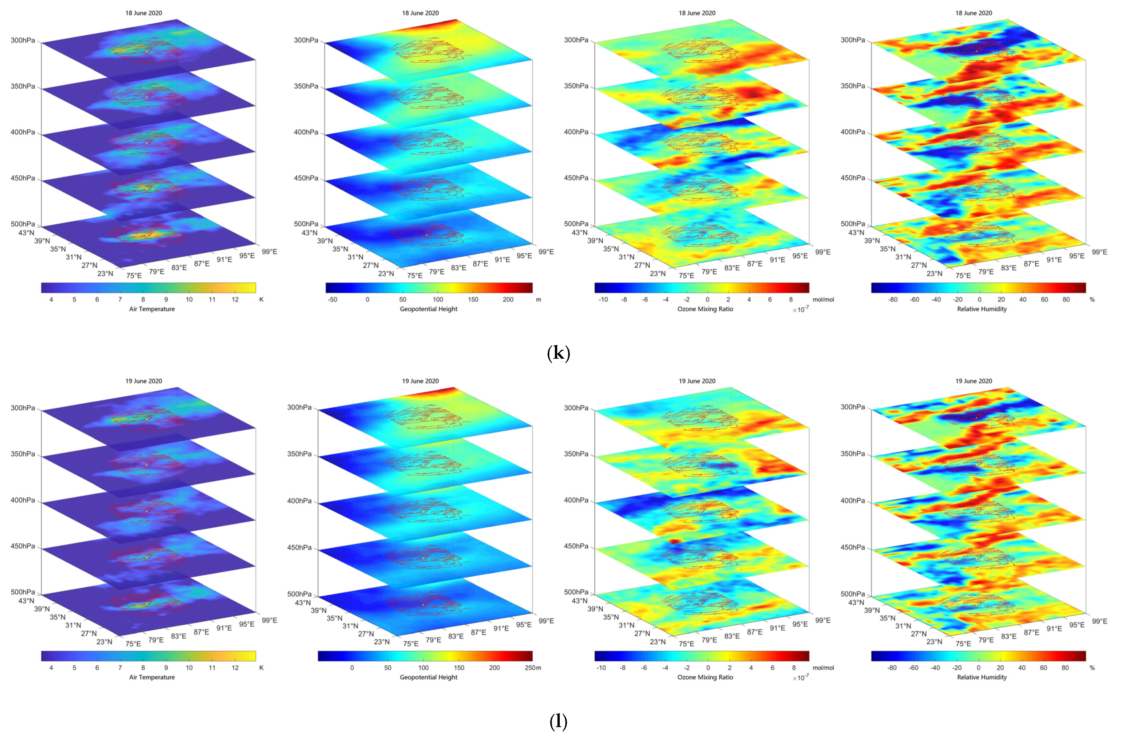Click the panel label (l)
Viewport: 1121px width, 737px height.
558,721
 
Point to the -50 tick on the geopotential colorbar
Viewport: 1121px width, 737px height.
332,299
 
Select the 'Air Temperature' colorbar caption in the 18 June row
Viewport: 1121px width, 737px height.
152,309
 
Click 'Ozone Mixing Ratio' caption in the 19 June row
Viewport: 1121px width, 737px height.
705,677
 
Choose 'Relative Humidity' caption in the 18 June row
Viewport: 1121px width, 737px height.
982,309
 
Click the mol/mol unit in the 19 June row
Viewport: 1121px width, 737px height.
823,668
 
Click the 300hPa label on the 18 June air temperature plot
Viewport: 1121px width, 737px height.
23,40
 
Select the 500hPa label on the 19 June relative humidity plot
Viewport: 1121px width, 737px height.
853,594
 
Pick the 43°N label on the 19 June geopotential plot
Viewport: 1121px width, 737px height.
303,603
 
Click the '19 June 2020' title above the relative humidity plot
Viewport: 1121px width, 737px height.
973,381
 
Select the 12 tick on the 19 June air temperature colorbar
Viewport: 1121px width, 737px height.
235,668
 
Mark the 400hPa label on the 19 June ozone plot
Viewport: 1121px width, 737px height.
576,500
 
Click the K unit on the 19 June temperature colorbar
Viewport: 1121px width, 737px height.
261,668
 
